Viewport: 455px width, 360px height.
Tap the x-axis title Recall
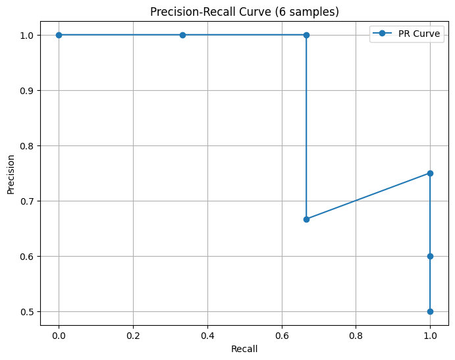[x=244, y=349]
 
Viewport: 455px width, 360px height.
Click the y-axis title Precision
[x=11, y=174]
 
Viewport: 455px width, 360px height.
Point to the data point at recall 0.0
[x=59, y=35]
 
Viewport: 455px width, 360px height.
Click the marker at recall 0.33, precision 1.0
[x=182, y=35]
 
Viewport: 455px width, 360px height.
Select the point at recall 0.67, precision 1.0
[x=306, y=35]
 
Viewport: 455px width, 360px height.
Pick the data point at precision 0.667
[x=306, y=219]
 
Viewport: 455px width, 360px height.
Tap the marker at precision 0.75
[x=430, y=173]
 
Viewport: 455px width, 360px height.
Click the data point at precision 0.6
[x=430, y=256]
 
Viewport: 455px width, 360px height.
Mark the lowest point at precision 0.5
[x=430, y=311]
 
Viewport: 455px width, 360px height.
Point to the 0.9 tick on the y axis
[x=28, y=90]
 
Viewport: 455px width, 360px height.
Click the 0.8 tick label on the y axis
[x=28, y=145]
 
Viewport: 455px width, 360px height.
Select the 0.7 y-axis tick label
[x=28, y=201]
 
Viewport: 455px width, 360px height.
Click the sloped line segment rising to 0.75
[x=368, y=196]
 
